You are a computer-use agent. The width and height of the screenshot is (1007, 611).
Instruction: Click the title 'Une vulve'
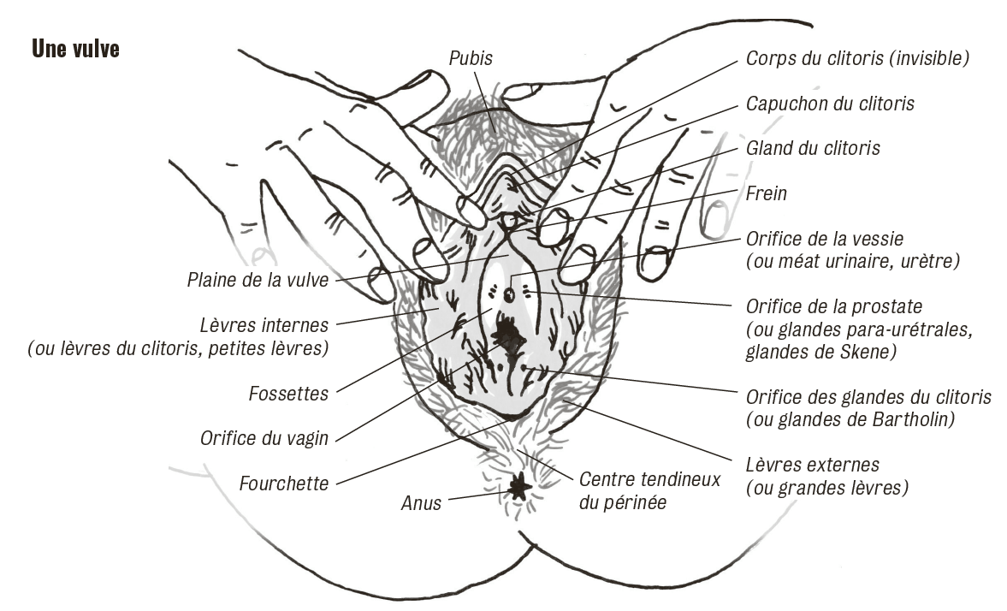[x=75, y=49]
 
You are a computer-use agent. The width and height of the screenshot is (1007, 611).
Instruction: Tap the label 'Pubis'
[x=470, y=58]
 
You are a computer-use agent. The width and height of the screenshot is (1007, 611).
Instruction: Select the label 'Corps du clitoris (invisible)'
[x=856, y=58]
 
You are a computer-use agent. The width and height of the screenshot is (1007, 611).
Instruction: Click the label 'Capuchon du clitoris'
[x=830, y=104]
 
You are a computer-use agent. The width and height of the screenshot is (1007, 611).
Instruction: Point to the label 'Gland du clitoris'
[x=813, y=148]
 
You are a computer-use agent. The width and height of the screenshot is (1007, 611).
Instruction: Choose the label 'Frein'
[x=767, y=193]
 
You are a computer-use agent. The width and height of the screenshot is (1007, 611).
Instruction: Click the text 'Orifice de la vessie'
[x=824, y=239]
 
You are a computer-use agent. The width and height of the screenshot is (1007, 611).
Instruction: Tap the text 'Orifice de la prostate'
[x=833, y=306]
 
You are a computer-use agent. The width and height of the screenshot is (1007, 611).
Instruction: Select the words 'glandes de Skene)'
[x=820, y=352]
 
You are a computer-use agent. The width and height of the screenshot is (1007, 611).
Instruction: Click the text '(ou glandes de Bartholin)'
[x=850, y=420]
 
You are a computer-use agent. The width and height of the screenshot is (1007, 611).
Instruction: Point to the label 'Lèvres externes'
[x=812, y=465]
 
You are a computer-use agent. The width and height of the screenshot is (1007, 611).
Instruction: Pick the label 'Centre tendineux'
[x=649, y=480]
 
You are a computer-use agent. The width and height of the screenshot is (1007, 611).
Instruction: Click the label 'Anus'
[x=421, y=503]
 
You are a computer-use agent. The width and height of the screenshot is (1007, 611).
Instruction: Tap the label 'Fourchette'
[x=284, y=483]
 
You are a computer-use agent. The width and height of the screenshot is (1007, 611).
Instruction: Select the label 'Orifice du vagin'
[x=264, y=438]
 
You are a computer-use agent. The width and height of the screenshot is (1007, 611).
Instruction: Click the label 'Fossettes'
[x=288, y=393]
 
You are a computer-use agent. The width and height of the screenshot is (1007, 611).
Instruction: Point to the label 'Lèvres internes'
[x=264, y=325]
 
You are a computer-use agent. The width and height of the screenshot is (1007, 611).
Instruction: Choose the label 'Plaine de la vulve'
[x=258, y=280]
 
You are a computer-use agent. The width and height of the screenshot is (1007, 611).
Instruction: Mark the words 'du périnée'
[x=622, y=502]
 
